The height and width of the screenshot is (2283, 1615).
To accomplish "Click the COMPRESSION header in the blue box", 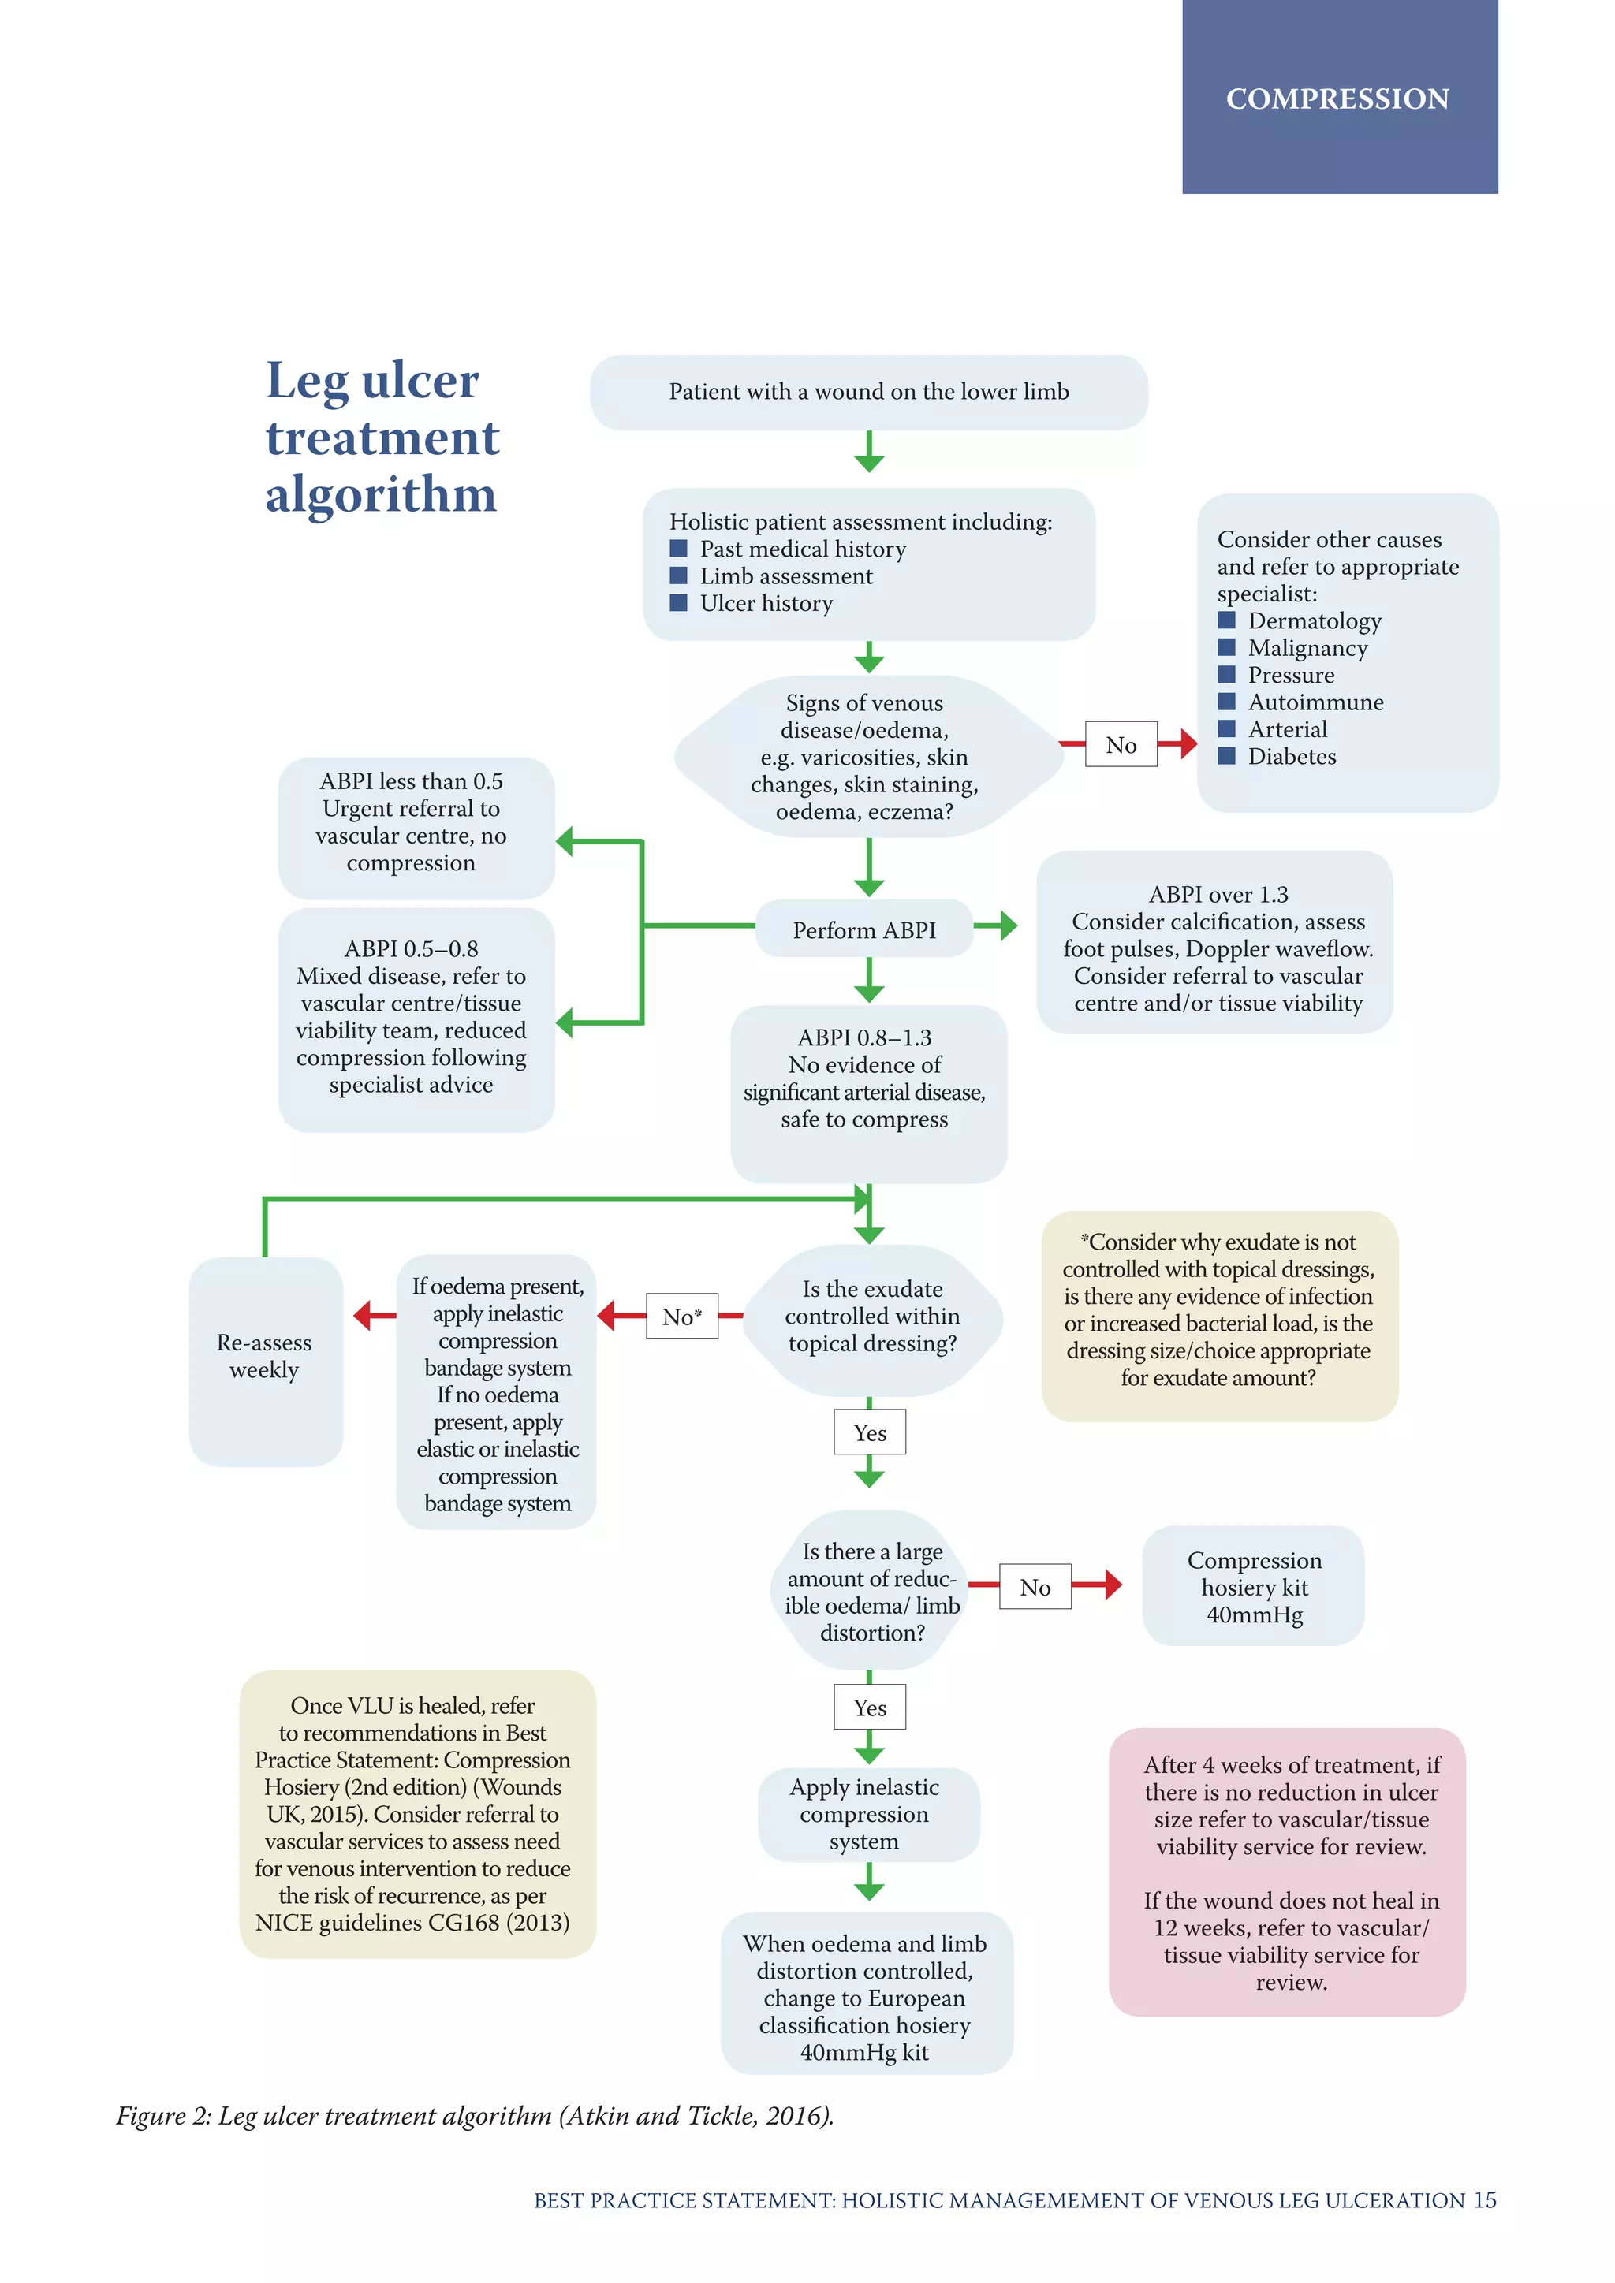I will [1337, 99].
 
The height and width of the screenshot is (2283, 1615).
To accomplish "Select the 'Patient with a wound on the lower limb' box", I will [868, 392].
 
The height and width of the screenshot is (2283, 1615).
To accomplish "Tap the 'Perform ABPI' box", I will [863, 929].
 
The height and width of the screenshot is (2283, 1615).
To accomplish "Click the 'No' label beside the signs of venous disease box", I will [1121, 745].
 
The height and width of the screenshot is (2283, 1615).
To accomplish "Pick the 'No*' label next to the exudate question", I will [681, 1317].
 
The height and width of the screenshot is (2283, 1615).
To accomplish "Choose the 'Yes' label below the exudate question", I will [869, 1433].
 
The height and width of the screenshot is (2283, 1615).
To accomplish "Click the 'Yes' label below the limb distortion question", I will [869, 1708].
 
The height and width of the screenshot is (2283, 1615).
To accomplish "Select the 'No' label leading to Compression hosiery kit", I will [1035, 1587].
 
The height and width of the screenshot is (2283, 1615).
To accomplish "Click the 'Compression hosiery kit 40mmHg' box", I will [1253, 1587].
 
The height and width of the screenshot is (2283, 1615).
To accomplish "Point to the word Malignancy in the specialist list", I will [1307, 648].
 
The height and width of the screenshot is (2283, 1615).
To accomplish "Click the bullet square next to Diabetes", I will [1226, 756].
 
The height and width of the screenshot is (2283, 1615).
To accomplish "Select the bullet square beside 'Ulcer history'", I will [678, 602].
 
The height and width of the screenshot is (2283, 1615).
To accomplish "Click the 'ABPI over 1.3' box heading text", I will [1218, 894].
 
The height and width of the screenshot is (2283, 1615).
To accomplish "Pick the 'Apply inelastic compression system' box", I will [863, 1814].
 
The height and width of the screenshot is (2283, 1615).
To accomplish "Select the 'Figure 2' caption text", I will [475, 2116].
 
